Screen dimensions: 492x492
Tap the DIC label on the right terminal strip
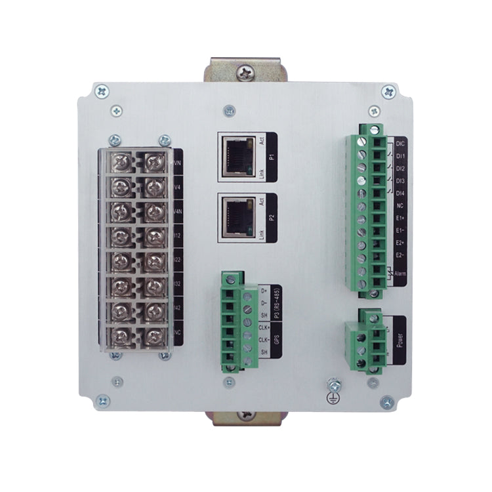[x=401, y=142]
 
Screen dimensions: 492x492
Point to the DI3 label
[x=401, y=180]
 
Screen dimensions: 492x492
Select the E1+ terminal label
[x=401, y=218]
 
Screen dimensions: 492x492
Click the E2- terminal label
[x=401, y=255]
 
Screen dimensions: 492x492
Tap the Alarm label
[x=401, y=276]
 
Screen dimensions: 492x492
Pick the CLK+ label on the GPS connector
[x=264, y=326]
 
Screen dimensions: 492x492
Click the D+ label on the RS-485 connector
[x=264, y=290]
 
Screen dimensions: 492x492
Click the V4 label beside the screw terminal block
[x=177, y=186]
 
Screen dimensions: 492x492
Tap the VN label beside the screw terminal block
[x=177, y=161]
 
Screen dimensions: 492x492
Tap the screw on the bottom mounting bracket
[x=247, y=415]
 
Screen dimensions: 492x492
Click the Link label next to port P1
[x=261, y=173]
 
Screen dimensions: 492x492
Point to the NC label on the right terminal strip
[x=401, y=205]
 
